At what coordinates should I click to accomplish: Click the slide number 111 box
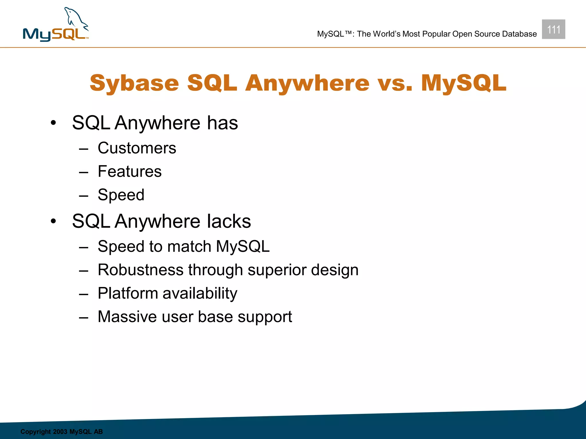553,29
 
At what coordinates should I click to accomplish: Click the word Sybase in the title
134,83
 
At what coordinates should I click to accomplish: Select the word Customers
137,148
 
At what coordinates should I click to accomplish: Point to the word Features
130,171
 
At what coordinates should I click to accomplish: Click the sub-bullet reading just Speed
121,195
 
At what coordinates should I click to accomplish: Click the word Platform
128,294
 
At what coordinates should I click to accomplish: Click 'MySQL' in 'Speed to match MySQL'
243,246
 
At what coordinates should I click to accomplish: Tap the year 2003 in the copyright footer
60,432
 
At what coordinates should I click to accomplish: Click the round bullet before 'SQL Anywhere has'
53,123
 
